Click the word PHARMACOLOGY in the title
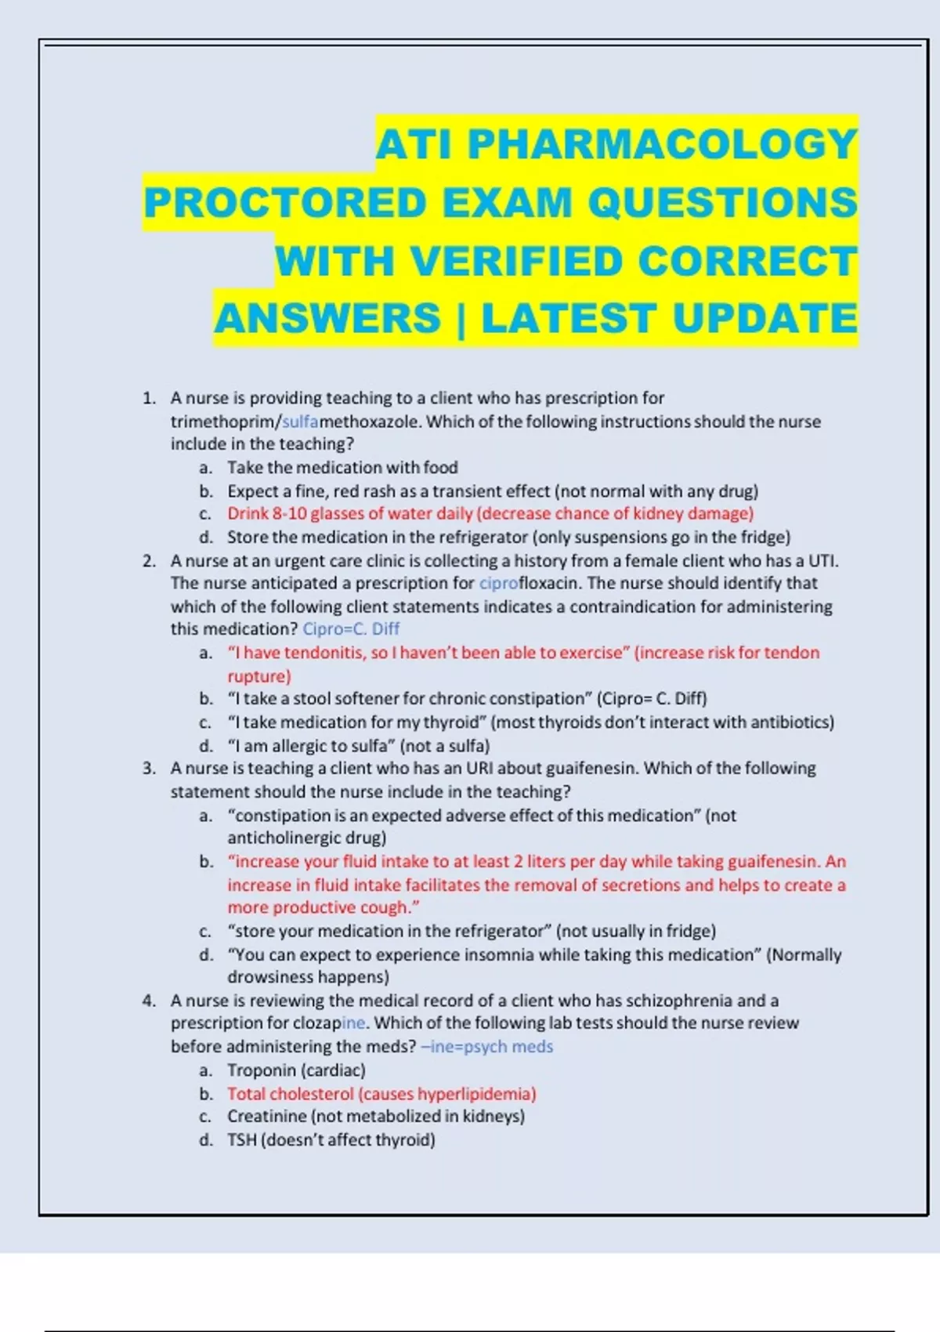[662, 144]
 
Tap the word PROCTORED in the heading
[285, 203]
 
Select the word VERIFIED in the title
[516, 261]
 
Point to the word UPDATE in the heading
[765, 319]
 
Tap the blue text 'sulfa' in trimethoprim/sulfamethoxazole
[300, 422]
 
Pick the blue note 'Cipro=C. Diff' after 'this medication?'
[351, 629]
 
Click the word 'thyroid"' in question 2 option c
[458, 722]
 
